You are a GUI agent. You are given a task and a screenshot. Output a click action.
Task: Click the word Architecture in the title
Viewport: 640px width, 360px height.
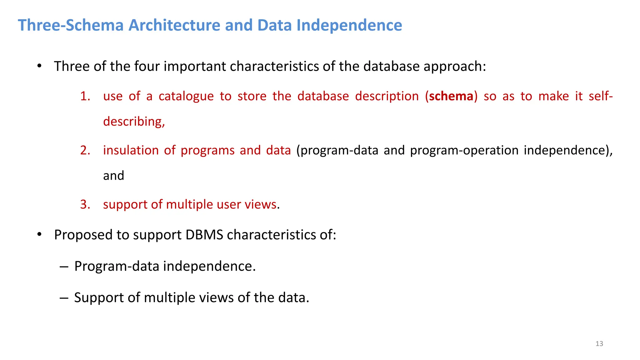pyautogui.click(x=174, y=25)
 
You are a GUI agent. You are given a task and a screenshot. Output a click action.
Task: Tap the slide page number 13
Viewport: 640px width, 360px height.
pyautogui.click(x=599, y=344)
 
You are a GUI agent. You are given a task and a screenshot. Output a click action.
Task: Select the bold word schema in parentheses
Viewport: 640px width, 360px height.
pyautogui.click(x=451, y=96)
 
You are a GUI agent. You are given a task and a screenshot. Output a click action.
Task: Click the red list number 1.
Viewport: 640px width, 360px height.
pyautogui.click(x=85, y=96)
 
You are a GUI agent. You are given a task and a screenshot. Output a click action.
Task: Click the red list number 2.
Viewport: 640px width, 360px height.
pyautogui.click(x=85, y=150)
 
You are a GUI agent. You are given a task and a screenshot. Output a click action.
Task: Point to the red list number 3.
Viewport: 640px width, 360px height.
pyautogui.click(x=85, y=204)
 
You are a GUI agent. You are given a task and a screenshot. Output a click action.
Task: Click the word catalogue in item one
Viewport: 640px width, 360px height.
pyautogui.click(x=186, y=96)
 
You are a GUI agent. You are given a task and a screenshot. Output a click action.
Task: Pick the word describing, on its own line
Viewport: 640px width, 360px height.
pyautogui.click(x=134, y=122)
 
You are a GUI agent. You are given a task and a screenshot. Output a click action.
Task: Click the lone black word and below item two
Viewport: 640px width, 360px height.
pyautogui.click(x=113, y=176)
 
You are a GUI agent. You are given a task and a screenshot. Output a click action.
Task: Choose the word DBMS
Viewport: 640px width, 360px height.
pyautogui.click(x=204, y=235)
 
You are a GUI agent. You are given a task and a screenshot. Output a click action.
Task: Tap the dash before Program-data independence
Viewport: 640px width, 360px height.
pyautogui.click(x=64, y=267)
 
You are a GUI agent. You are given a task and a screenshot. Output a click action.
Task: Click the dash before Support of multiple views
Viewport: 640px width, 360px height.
pyautogui.click(x=64, y=298)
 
